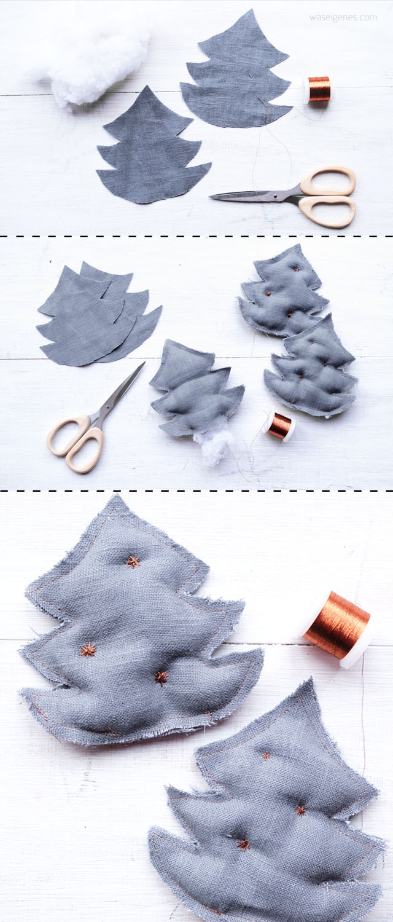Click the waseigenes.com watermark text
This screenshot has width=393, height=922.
(x=343, y=18)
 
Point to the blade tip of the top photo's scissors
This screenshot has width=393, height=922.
(x=211, y=197)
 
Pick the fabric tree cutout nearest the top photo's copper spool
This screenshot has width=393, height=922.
(x=236, y=74)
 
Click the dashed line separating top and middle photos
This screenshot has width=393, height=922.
(x=196, y=236)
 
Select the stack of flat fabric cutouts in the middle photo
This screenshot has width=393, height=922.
(x=99, y=315)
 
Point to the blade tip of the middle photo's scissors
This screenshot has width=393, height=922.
(x=144, y=363)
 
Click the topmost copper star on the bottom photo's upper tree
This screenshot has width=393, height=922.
(x=133, y=562)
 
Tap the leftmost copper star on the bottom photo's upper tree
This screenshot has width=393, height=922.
(x=88, y=650)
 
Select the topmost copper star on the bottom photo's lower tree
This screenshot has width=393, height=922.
(x=266, y=755)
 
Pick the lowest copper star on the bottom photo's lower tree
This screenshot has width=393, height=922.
(x=243, y=845)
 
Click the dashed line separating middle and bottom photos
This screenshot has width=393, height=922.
(x=196, y=491)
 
